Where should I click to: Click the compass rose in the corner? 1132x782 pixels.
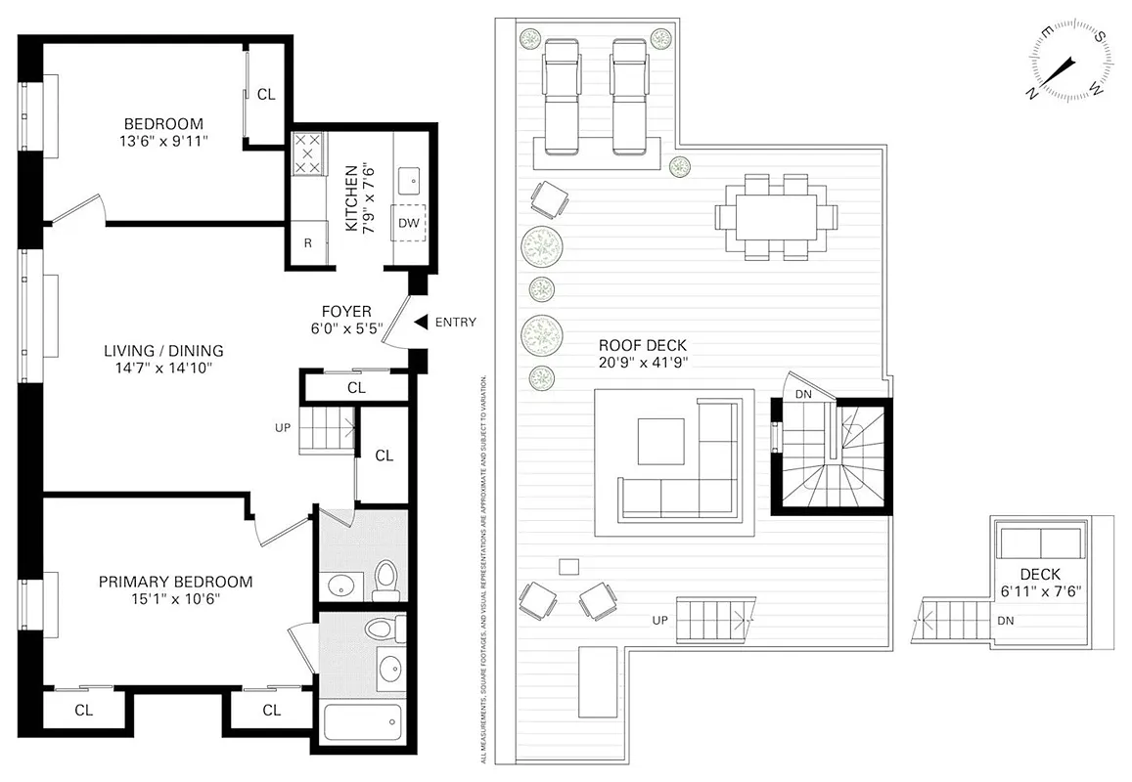(x=1072, y=61)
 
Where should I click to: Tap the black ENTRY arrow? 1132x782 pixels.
(x=420, y=322)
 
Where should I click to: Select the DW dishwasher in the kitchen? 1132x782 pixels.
(x=409, y=223)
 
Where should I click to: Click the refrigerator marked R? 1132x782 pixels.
(x=308, y=243)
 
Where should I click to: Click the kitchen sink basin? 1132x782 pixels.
(x=409, y=180)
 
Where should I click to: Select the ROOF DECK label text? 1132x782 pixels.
(x=643, y=345)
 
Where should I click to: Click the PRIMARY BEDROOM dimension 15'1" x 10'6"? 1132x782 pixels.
(x=175, y=599)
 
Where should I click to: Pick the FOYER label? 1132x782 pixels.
(x=339, y=312)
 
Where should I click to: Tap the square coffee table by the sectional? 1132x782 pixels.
(x=662, y=442)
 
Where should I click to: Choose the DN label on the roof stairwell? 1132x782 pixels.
(x=802, y=394)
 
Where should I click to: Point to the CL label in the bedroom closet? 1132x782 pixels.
(x=266, y=95)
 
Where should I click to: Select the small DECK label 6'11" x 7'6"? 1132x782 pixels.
(x=1039, y=575)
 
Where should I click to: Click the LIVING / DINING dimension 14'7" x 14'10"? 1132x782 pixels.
(x=164, y=368)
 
